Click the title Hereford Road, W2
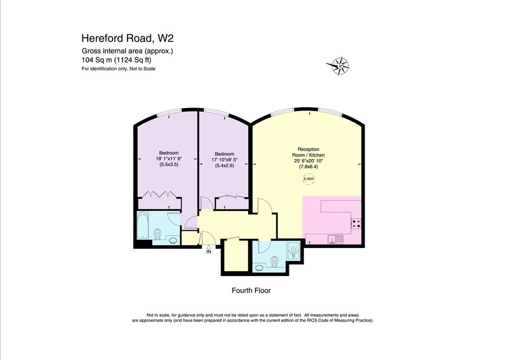tap(127, 39)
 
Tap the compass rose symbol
tap(338, 66)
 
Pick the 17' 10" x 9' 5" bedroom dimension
tap(224, 160)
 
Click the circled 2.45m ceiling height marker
tap(308, 179)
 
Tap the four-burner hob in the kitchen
tap(356, 223)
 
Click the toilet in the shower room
tap(274, 263)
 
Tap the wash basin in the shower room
tap(259, 268)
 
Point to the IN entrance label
tap(209, 252)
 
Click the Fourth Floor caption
tap(251, 291)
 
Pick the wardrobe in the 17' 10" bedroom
tap(232, 197)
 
